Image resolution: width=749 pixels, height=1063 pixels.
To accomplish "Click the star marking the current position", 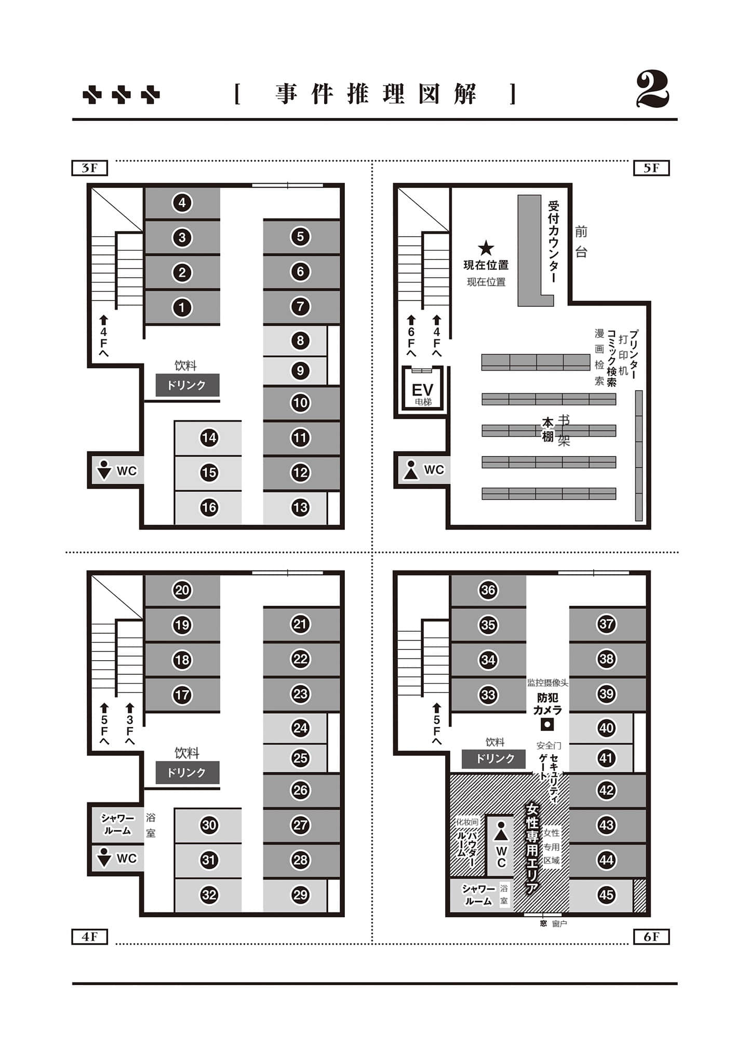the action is (486, 248).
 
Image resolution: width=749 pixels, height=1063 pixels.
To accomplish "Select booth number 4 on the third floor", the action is (182, 202).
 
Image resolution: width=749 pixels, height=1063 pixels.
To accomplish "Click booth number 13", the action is (300, 507).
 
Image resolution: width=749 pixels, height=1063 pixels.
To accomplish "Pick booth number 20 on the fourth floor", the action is (182, 590).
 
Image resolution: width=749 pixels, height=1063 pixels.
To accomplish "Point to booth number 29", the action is (300, 894).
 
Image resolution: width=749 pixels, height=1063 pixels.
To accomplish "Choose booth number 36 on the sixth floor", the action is (488, 590).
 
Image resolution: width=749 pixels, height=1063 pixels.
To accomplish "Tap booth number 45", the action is (606, 894).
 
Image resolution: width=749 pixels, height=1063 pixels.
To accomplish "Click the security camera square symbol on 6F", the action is (547, 724).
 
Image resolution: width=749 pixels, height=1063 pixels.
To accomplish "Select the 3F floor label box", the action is (89, 168).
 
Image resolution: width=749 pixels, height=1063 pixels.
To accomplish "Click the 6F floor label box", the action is (651, 937).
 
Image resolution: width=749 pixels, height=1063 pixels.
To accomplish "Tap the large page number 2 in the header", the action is (652, 90).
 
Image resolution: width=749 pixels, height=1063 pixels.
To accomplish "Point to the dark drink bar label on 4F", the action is (188, 772).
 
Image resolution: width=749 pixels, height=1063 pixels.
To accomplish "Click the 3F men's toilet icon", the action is (104, 470).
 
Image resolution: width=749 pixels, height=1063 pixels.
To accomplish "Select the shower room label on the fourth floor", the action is (117, 824).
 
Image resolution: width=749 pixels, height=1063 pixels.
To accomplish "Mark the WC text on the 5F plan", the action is (434, 470).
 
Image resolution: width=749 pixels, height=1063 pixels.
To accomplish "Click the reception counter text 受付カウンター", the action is (553, 242).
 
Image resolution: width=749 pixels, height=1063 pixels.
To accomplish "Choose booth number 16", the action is (209, 507).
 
